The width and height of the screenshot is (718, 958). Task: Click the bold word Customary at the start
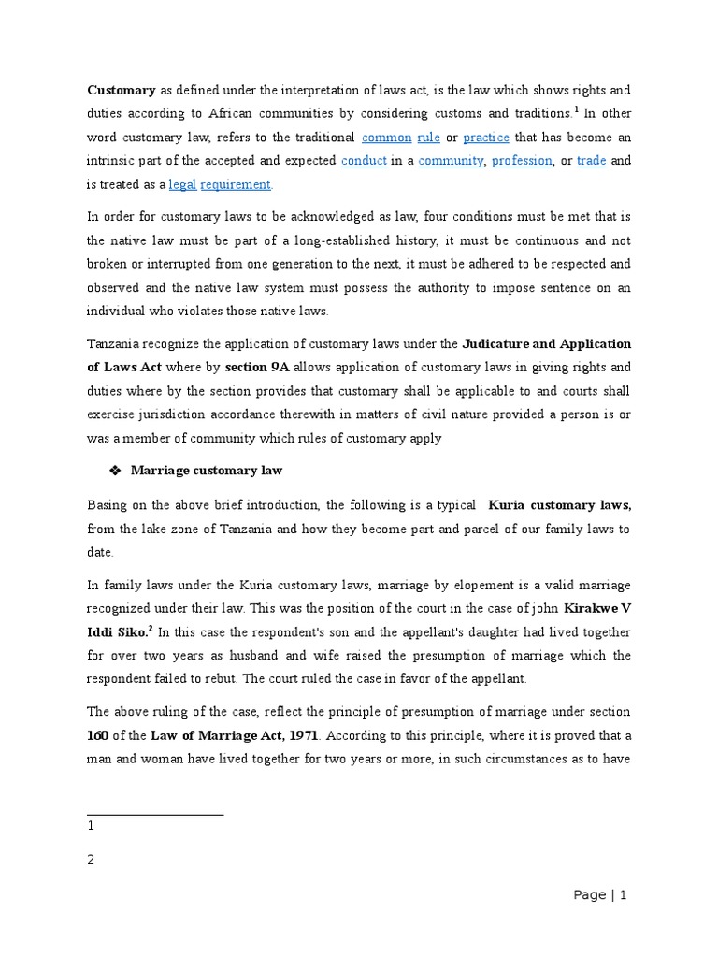tap(121, 91)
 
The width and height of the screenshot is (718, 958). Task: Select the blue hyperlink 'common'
tap(386, 138)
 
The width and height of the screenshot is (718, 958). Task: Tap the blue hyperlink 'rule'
tap(428, 138)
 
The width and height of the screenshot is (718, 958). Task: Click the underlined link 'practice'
tap(486, 138)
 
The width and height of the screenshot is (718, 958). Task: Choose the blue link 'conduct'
tap(364, 161)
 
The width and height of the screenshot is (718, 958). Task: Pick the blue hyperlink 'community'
tap(451, 161)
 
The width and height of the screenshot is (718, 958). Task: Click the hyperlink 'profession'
tap(522, 161)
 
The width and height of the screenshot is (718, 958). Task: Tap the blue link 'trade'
tap(592, 161)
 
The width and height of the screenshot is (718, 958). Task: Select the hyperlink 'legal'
tap(182, 185)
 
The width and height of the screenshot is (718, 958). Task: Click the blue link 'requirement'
tap(236, 185)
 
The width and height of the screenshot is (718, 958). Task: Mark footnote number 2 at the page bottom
tap(92, 860)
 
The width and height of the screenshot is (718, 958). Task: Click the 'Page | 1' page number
tap(599, 895)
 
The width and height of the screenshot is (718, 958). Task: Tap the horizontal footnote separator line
tap(155, 815)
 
